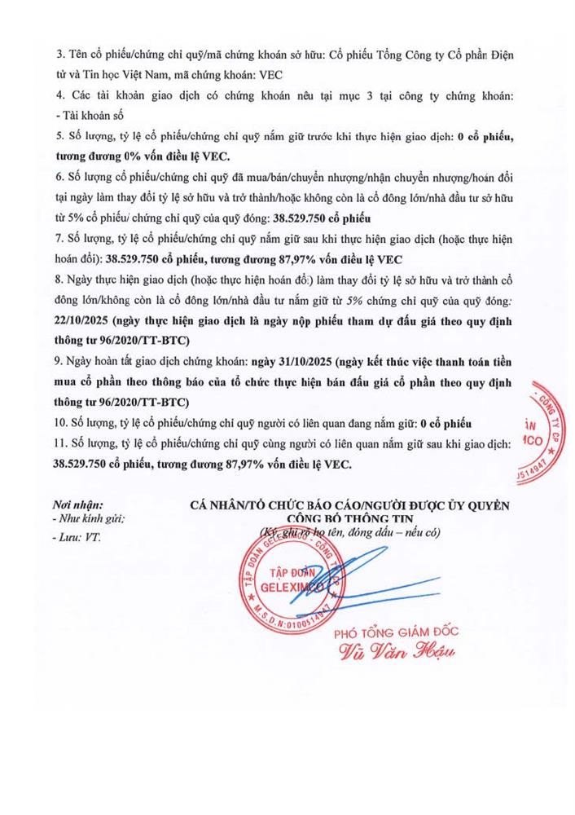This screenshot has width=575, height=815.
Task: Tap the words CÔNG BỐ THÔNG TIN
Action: pyautogui.click(x=348, y=518)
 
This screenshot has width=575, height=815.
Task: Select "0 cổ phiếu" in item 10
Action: pyautogui.click(x=446, y=423)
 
